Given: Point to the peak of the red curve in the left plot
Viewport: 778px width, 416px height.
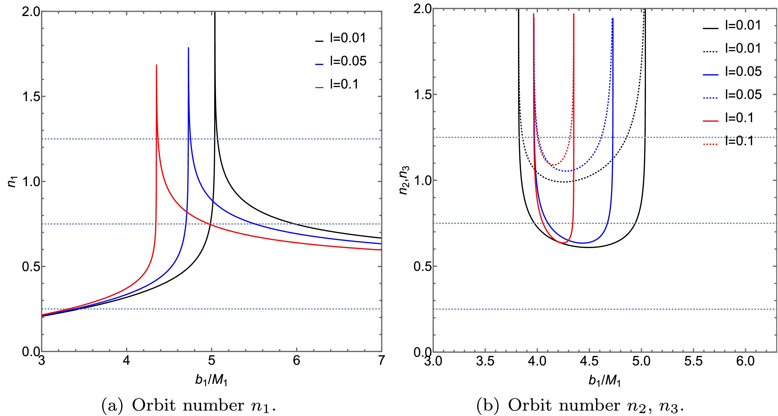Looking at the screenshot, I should point(156,65).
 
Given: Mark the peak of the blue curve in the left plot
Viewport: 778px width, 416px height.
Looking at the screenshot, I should point(188,48).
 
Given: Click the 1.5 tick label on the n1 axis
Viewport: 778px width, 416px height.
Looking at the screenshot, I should point(31,97).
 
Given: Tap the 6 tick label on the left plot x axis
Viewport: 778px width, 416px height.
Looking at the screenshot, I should point(297,361).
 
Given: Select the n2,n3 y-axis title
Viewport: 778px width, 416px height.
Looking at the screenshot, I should point(404,180).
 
